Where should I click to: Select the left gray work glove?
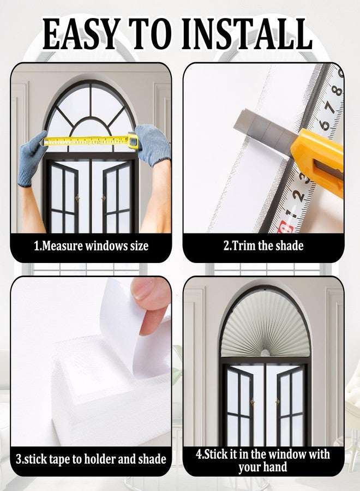31,158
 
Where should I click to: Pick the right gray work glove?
153,144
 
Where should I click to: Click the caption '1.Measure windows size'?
91,246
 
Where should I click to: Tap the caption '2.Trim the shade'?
263,245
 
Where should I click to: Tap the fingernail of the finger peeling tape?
142,289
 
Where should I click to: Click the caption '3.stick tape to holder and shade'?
91,459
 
